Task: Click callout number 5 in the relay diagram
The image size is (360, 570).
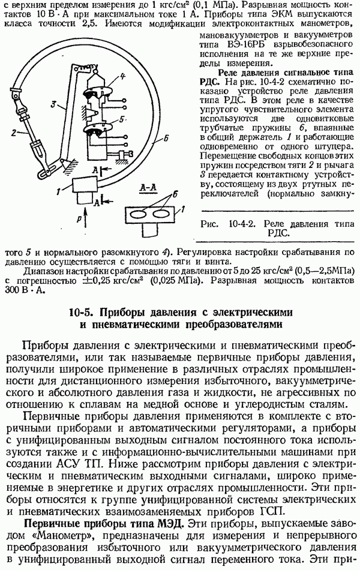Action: point(122,119)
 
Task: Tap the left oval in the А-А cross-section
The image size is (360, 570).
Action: point(137,214)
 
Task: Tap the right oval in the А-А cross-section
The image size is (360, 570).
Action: point(161,214)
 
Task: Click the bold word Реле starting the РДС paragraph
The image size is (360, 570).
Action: point(232,70)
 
